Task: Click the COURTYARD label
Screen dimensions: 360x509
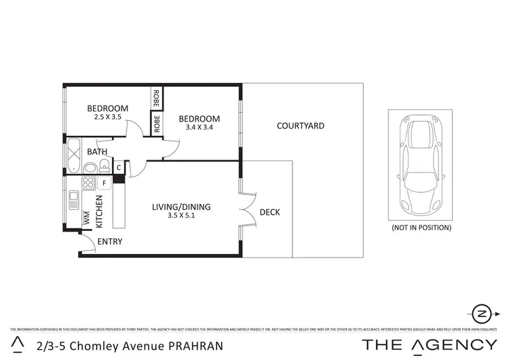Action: (x=301, y=126)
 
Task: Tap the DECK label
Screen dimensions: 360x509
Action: (x=270, y=213)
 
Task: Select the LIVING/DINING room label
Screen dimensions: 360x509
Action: (x=181, y=207)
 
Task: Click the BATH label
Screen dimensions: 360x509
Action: (x=96, y=151)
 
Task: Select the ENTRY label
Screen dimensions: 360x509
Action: (x=110, y=242)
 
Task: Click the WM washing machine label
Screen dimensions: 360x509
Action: (x=86, y=219)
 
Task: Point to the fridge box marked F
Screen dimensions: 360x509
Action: (x=104, y=183)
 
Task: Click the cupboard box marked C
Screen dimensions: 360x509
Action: (x=119, y=167)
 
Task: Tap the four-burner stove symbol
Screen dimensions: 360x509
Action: (x=88, y=182)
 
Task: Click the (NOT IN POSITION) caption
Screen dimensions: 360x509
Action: (x=421, y=228)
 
